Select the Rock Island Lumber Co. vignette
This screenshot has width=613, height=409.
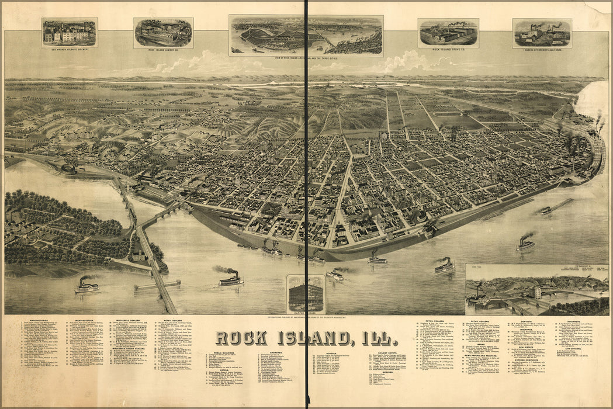[x=163, y=32]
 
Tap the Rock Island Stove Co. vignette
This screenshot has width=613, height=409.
[x=448, y=32]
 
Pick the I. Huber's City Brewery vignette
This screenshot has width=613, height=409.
[x=542, y=33]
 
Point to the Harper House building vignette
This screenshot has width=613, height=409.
[x=305, y=293]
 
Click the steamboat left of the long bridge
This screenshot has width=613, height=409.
[x=86, y=286]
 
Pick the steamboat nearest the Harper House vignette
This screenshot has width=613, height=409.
[x=335, y=275]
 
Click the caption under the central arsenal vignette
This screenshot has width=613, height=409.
[x=306, y=59]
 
